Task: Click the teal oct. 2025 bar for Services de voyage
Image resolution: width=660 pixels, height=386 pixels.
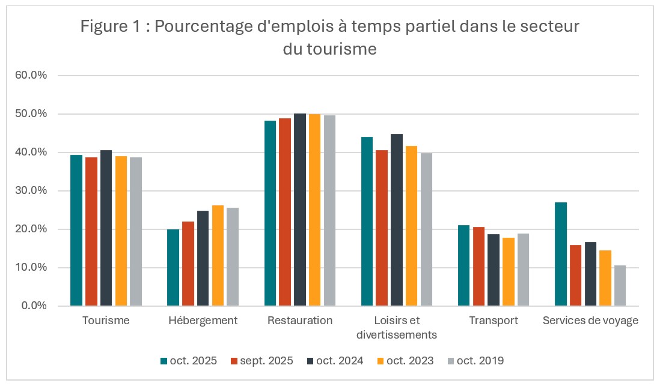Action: tap(560, 254)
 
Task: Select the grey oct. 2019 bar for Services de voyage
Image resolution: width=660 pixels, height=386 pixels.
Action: tap(620, 286)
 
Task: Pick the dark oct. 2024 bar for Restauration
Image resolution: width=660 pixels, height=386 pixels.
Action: tap(300, 210)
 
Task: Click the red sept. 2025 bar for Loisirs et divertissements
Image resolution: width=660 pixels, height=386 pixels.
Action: tap(382, 228)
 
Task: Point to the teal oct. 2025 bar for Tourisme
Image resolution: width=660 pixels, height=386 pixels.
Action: tap(76, 231)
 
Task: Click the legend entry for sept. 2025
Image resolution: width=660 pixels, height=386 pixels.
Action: tap(260, 361)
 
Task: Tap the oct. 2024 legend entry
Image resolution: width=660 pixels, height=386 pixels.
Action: tap(334, 361)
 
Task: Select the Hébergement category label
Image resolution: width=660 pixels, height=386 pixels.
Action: tap(203, 321)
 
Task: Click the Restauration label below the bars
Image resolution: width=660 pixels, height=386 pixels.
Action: tap(300, 321)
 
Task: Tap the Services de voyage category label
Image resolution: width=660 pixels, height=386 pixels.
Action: tap(590, 321)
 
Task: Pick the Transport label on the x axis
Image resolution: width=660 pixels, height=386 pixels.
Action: tap(493, 321)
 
